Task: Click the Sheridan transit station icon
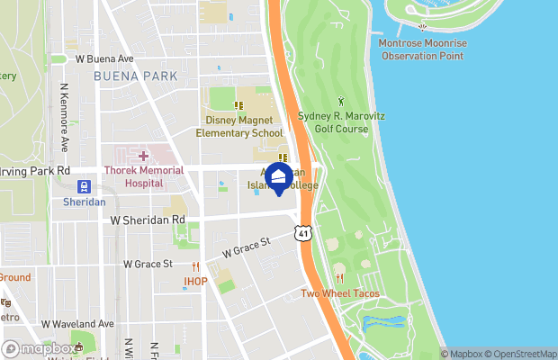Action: pyautogui.click(x=84, y=187)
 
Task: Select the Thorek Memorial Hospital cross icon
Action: pyautogui.click(x=143, y=157)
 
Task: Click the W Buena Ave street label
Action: pyautogui.click(x=104, y=58)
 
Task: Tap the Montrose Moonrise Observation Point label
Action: pyautogui.click(x=422, y=49)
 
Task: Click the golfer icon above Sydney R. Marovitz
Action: pyautogui.click(x=340, y=101)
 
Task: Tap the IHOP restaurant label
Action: pyautogui.click(x=196, y=281)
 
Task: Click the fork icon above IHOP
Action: pyautogui.click(x=196, y=266)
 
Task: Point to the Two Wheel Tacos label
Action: pyautogui.click(x=340, y=294)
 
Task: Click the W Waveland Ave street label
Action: pyautogui.click(x=77, y=324)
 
